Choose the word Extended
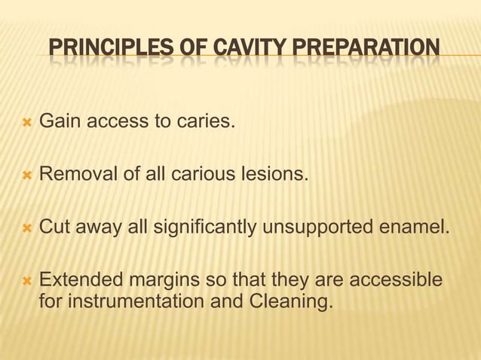(75, 281)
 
